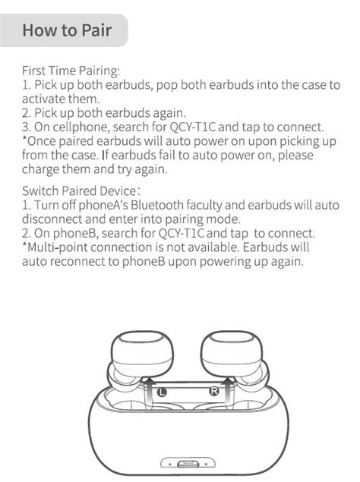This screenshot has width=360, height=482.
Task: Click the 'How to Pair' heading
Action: click(x=67, y=30)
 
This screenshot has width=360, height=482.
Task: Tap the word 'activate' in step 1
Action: click(x=44, y=99)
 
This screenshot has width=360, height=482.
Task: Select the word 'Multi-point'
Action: click(x=57, y=247)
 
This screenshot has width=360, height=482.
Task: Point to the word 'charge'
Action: click(x=42, y=169)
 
